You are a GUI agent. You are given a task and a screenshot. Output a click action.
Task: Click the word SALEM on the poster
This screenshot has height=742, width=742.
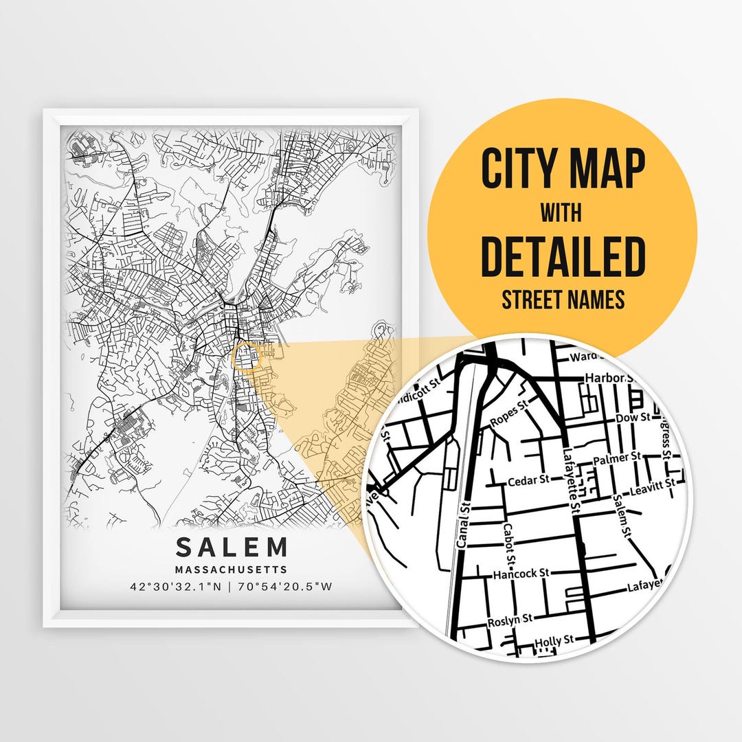[232, 547]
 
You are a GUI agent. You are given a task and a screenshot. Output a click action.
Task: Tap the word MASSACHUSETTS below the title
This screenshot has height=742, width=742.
[232, 570]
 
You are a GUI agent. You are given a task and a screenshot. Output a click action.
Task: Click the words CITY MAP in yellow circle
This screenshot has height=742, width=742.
[563, 168]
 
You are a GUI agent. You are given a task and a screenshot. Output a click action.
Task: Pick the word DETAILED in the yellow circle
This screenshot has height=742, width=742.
[563, 256]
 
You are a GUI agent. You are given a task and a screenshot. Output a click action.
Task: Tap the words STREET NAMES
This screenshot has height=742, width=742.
[563, 300]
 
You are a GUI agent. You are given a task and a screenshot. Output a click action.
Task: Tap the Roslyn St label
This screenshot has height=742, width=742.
[510, 620]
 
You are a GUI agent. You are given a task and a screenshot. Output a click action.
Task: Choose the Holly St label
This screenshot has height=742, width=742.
[554, 640]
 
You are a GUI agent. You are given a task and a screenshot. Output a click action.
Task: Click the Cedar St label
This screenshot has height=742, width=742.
[528, 480]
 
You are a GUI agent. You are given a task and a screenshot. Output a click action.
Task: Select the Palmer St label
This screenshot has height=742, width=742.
[616, 457]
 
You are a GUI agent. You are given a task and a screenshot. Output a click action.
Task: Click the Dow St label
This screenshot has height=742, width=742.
[633, 417]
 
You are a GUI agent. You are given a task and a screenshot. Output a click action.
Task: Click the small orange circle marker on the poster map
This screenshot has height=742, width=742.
[247, 357]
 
